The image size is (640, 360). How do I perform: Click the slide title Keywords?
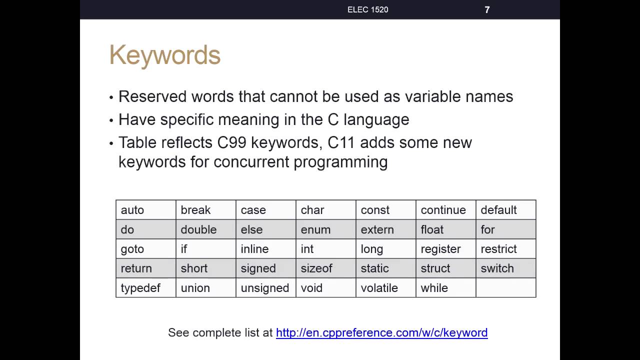click(165, 55)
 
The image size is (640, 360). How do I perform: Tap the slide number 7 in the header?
click(487, 10)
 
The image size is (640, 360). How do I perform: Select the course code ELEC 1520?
click(367, 9)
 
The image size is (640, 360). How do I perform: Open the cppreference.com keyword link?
click(381, 333)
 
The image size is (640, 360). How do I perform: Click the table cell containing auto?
click(146, 210)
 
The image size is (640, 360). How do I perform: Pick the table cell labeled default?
click(506, 210)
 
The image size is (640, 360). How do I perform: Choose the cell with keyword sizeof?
click(326, 268)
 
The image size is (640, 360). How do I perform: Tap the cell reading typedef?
click(146, 287)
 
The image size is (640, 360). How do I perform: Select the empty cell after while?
click(506, 287)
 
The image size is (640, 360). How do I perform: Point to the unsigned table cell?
click(266, 287)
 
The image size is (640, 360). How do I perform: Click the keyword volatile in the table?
click(379, 288)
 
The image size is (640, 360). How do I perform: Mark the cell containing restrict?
click(506, 249)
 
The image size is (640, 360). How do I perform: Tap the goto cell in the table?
click(146, 249)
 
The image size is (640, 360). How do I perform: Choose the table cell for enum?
click(326, 229)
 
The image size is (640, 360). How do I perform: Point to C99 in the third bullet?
click(231, 142)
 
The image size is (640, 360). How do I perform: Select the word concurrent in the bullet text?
click(251, 162)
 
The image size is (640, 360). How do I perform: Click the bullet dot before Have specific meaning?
click(111, 120)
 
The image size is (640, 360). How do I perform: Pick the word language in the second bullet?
click(376, 120)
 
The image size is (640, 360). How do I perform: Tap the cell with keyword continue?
click(446, 210)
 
